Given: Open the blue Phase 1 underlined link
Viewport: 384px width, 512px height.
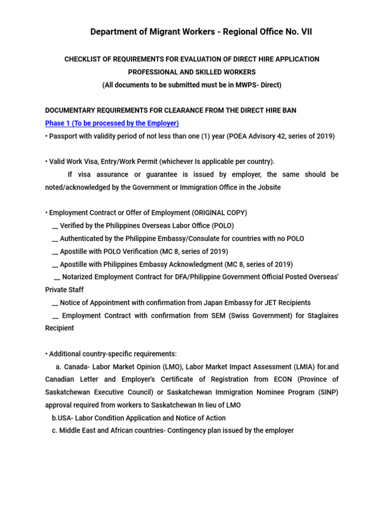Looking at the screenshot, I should (112, 123).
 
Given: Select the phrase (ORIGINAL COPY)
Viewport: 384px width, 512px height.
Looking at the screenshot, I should (218, 212).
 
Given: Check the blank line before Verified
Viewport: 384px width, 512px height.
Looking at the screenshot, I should (54, 225).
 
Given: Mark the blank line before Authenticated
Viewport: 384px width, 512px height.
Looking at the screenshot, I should (54, 238).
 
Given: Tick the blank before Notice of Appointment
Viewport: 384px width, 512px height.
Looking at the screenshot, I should (54, 302).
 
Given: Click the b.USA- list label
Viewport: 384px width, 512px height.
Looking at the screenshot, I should (58, 417).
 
